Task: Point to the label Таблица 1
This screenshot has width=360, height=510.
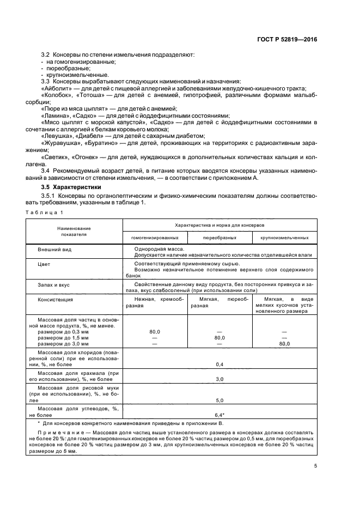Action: point(46,211)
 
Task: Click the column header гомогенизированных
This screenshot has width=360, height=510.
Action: point(155,238)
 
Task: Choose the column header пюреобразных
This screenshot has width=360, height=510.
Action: point(219,238)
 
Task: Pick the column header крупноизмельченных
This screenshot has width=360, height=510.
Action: point(284,238)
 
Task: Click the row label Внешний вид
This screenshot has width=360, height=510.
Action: point(55,249)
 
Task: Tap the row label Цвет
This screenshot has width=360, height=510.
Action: point(45,263)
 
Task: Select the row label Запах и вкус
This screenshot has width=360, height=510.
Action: point(53,284)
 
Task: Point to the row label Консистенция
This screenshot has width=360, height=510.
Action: point(56,299)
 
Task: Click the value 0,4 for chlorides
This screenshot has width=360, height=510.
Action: point(219,363)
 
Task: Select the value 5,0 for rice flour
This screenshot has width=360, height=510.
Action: point(219,398)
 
